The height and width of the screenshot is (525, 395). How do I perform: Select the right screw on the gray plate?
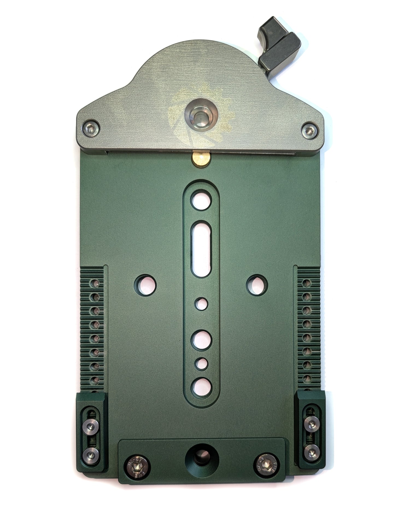(309, 129)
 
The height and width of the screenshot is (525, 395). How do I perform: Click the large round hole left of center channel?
(145, 285)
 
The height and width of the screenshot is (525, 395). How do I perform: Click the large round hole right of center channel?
(257, 285)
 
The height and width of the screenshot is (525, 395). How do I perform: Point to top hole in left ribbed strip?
(95, 283)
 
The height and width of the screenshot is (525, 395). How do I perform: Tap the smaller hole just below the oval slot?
(201, 304)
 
